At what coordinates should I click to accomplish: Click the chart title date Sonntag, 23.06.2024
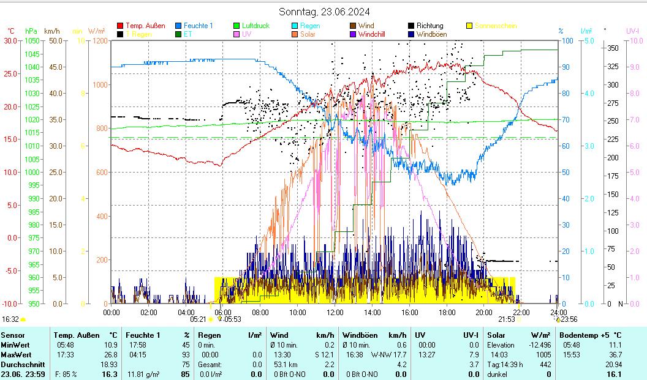pos(324,12)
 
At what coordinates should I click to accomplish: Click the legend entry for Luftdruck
pos(255,26)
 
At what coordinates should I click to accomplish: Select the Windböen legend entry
pos(431,35)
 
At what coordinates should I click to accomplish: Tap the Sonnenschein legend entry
pos(496,26)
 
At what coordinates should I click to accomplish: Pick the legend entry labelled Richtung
pos(429,26)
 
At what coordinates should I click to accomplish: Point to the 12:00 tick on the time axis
pos(335,312)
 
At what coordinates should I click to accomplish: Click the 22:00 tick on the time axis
pos(521,312)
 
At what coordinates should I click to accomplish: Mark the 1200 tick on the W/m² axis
pos(99,40)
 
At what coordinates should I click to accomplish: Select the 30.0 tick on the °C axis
pos(11,40)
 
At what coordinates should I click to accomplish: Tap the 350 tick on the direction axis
pos(611,48)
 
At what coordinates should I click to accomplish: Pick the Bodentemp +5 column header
pos(583,335)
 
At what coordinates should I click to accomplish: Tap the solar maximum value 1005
pos(543,354)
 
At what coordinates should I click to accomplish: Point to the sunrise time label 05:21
pos(198,319)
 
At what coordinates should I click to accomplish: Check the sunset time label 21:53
pos(506,319)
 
